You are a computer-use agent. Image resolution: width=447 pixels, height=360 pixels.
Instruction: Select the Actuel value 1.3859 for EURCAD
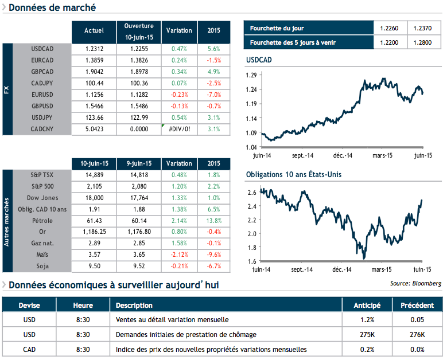click(x=94, y=60)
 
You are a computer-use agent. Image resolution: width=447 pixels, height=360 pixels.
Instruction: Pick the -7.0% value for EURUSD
click(x=213, y=95)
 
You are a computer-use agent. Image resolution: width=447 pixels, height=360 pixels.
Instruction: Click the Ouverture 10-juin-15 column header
click(x=139, y=31)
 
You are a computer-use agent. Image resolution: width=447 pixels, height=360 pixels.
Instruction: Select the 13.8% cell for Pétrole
click(x=213, y=220)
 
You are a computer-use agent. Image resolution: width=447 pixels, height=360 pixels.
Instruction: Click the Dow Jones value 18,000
click(x=94, y=197)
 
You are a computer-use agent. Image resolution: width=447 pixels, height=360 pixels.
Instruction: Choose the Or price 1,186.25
click(x=94, y=232)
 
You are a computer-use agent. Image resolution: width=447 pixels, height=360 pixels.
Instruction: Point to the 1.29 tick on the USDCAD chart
click(x=250, y=75)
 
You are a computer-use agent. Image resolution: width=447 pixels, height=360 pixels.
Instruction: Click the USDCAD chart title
click(x=259, y=60)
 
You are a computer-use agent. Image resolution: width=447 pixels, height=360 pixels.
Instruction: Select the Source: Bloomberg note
click(x=415, y=283)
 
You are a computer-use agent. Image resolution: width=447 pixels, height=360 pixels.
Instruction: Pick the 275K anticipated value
click(x=368, y=334)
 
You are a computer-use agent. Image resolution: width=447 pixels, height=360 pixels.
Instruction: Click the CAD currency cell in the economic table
click(x=29, y=349)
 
